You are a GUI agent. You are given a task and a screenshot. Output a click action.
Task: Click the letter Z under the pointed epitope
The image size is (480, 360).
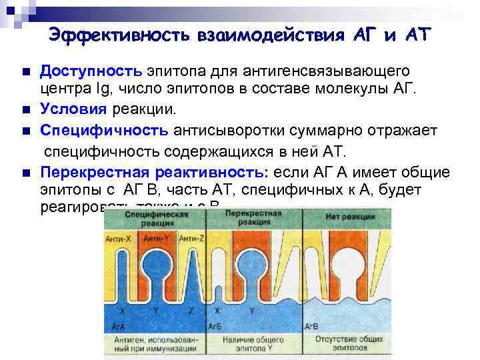point(191,311)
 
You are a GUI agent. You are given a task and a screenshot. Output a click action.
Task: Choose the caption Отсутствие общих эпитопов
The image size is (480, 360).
point(347,343)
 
